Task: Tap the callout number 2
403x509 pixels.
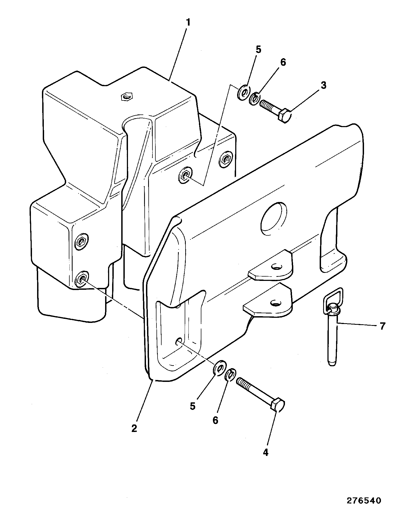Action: point(134,428)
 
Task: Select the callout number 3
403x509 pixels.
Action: point(323,85)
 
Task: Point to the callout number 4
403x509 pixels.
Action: point(266,452)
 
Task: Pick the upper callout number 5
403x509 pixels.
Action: point(258,50)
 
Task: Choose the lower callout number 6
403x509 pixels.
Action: point(215,420)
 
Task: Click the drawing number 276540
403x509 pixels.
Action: point(364,500)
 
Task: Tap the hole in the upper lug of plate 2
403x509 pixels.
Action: point(277,267)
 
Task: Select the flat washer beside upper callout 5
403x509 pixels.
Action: point(244,92)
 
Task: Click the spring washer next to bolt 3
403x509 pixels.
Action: point(254,99)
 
